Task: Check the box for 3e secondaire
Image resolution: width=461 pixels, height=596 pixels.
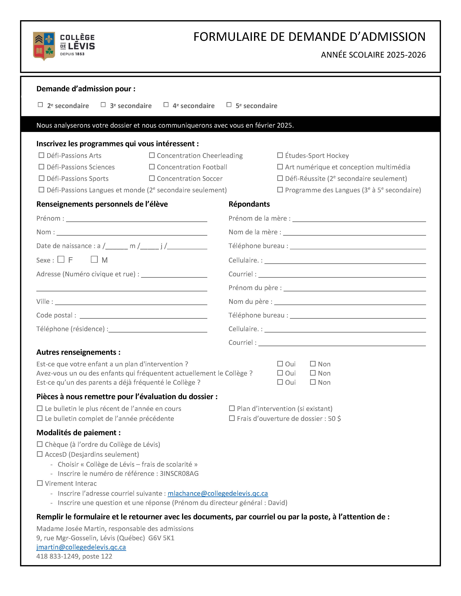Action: coord(103,105)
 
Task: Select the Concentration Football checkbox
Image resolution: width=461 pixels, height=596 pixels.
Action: coord(152,167)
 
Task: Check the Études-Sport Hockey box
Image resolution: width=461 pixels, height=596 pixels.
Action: coord(280,155)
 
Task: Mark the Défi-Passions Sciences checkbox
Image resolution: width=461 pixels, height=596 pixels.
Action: coord(41,167)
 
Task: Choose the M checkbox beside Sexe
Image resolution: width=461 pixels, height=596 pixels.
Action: coord(94,259)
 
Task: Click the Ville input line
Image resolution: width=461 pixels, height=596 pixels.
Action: coord(131,302)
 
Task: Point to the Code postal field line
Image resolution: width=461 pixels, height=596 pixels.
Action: coord(143,316)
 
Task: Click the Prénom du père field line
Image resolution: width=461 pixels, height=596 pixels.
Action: coord(354,288)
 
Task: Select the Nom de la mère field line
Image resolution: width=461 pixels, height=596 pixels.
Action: coord(354,233)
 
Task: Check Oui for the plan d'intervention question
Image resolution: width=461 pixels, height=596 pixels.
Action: coord(280,364)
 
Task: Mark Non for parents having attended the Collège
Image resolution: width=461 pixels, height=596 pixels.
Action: coord(313,382)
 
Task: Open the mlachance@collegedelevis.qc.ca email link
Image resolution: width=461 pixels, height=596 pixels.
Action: coord(218,493)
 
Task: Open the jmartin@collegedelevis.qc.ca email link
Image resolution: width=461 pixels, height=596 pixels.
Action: coord(81,547)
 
